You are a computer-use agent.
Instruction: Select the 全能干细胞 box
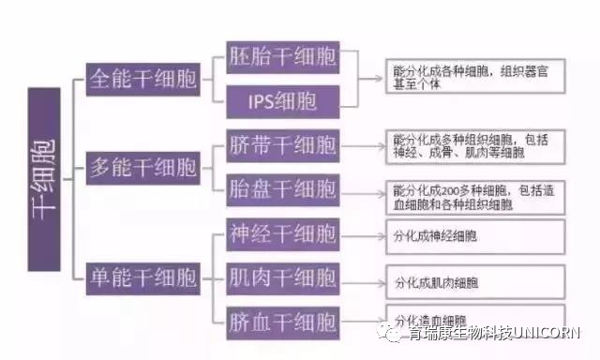click(x=142, y=79)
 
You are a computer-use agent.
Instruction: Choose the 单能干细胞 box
click(x=142, y=277)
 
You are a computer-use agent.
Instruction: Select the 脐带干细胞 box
click(x=282, y=146)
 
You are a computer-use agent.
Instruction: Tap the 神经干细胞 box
click(x=282, y=234)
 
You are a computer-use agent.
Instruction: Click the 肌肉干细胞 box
click(x=282, y=277)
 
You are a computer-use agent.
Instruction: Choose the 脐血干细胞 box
click(x=282, y=322)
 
